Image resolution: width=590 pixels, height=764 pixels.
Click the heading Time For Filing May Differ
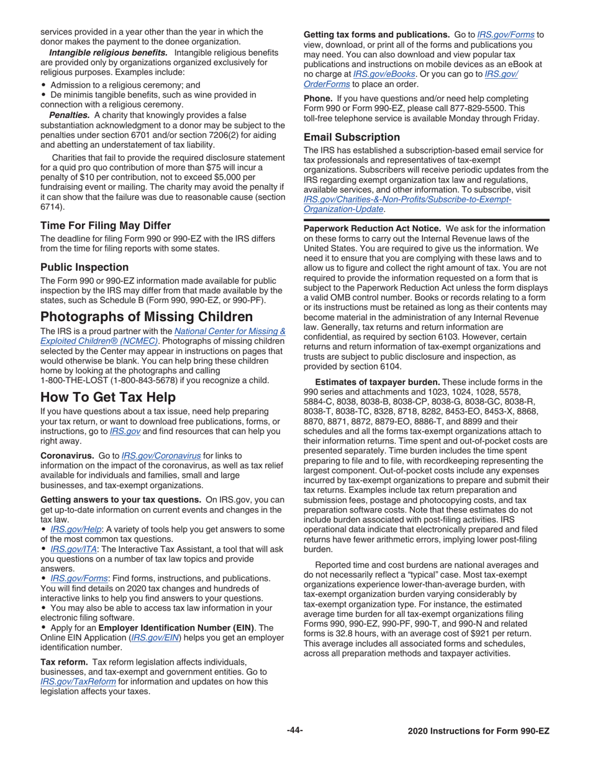(x=105, y=225)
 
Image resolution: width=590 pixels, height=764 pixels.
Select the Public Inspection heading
(x=84, y=267)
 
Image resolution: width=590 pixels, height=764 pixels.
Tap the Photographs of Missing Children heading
(x=147, y=317)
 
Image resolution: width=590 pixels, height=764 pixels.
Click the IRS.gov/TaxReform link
(x=78, y=681)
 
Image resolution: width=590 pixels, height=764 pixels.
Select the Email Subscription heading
(x=352, y=137)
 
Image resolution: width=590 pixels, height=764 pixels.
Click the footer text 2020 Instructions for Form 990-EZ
(x=479, y=732)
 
